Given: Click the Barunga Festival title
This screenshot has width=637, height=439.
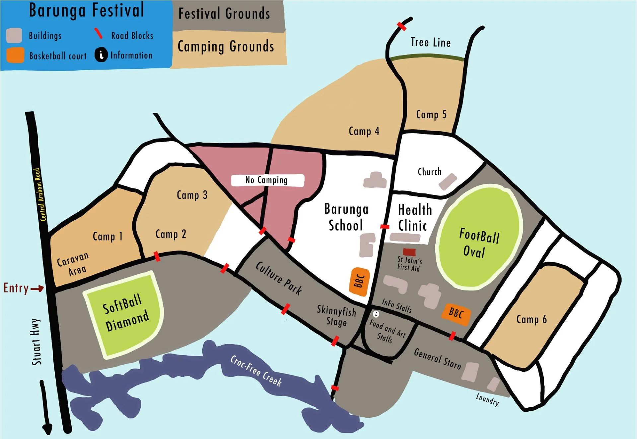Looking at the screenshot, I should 87,11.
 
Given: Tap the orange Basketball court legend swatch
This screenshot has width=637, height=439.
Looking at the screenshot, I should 15,55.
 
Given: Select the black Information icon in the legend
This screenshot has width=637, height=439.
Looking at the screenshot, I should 101,55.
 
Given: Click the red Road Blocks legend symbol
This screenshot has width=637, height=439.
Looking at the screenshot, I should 98,33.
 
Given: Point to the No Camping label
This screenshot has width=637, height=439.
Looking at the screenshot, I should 267,180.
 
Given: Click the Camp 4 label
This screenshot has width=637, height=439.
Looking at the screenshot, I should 364,131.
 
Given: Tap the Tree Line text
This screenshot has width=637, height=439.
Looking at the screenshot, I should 430,43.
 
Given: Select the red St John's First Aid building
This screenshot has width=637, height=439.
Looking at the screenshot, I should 409,252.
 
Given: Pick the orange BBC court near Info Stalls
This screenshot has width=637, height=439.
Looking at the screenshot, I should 456,313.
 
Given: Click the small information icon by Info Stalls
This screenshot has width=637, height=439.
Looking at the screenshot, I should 376,314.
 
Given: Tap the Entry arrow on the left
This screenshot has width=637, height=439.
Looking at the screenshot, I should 37,288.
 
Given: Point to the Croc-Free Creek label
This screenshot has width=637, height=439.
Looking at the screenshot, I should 256,371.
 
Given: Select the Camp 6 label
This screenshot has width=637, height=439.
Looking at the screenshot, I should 531,320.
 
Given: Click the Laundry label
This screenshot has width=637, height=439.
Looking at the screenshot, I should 487,399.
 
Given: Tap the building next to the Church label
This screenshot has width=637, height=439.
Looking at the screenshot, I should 448,181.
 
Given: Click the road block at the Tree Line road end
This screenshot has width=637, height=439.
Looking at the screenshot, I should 401,26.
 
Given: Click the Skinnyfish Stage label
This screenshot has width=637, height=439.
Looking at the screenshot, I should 336,316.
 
